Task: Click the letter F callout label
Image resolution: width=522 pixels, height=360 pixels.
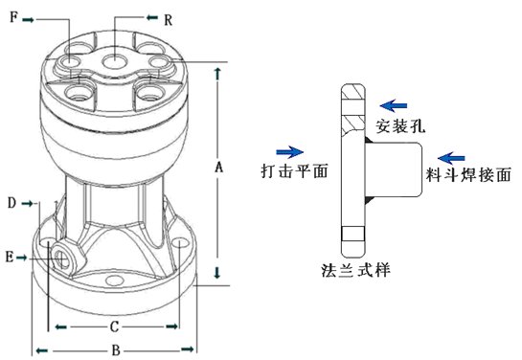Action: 13,16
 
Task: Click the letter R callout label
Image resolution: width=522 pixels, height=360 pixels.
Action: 168,20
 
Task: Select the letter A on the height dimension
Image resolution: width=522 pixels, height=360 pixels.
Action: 218,167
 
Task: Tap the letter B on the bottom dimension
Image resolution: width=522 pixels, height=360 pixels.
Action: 116,350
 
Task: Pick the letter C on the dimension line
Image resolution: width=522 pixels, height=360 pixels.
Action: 114,326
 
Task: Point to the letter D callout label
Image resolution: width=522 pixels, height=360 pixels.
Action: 12,203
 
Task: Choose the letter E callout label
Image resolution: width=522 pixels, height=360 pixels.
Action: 10,258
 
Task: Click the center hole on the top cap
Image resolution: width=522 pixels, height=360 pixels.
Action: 114,62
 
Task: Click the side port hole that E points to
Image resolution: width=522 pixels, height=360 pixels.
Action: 61,259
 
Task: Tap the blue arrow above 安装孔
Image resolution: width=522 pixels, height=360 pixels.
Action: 393,106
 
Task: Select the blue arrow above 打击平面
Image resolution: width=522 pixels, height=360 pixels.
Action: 289,152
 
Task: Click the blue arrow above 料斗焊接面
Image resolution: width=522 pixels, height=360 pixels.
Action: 451,158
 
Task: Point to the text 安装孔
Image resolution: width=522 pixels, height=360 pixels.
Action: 400,126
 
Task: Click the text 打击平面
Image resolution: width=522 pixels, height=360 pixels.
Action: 295,170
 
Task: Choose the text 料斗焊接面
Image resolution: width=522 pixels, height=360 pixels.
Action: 468,174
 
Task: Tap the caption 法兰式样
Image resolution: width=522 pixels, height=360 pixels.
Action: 355,269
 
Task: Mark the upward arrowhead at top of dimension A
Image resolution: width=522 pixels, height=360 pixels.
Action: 217,74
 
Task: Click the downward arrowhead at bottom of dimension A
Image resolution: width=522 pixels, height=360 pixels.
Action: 217,273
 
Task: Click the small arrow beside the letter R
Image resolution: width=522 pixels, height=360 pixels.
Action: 152,17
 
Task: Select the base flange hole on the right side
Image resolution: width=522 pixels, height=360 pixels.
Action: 179,242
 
